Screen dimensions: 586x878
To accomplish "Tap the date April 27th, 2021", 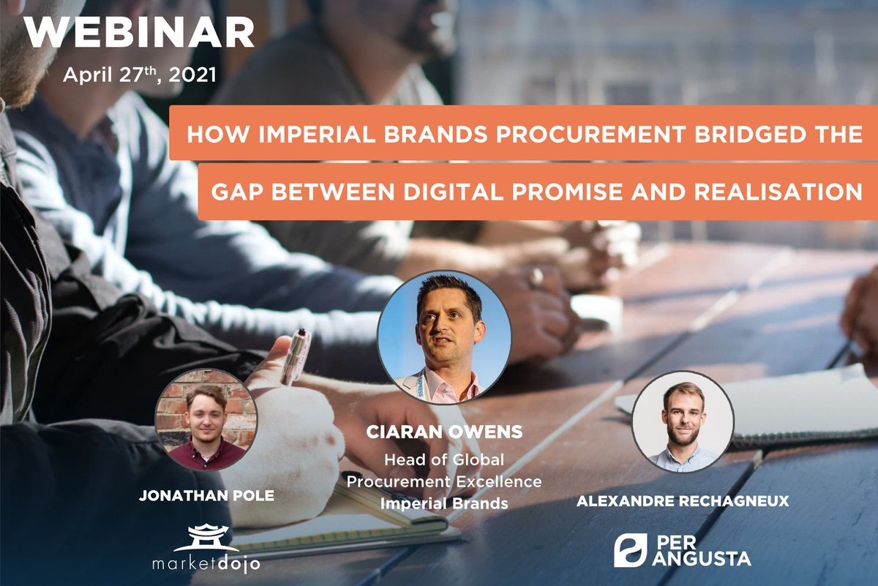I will pyautogui.click(x=139, y=75).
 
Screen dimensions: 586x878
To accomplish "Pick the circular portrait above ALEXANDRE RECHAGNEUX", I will pyautogui.click(x=682, y=421).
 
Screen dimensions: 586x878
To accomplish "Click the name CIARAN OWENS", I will pyautogui.click(x=444, y=432).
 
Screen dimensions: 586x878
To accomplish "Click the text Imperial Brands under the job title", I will pyautogui.click(x=444, y=505).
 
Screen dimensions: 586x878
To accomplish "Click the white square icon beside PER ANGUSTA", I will pyautogui.click(x=629, y=549).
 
